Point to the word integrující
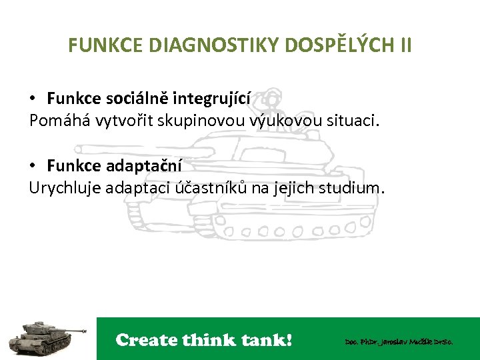(x=212, y=99)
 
